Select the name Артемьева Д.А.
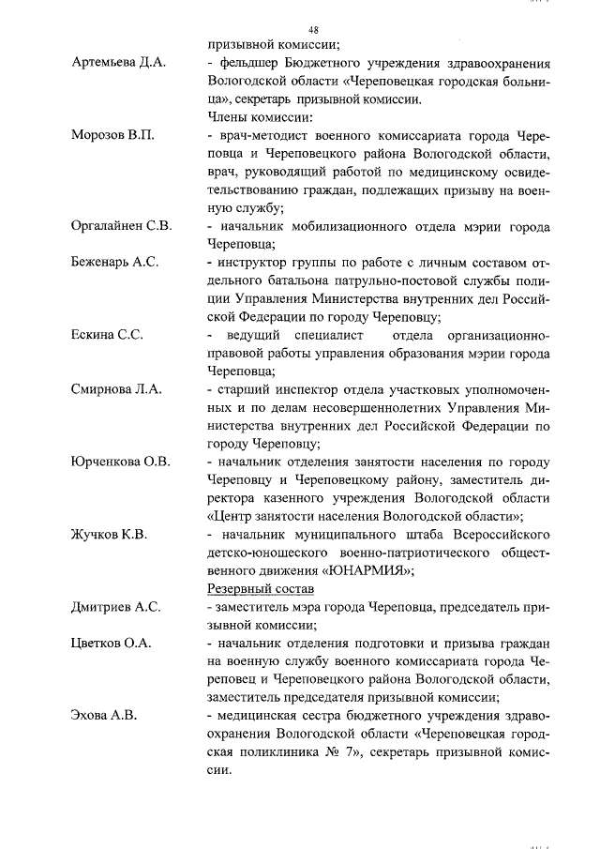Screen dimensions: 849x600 tap(118, 63)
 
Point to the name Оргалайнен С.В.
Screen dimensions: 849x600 tap(121, 226)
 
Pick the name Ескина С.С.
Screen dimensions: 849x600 tap(107, 335)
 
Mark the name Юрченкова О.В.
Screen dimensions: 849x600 tap(120, 462)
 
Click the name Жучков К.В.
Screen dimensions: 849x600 tap(111, 534)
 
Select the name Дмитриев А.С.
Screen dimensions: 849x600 tap(116, 607)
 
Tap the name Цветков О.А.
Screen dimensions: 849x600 tap(112, 644)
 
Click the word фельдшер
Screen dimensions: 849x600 tap(247, 63)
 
